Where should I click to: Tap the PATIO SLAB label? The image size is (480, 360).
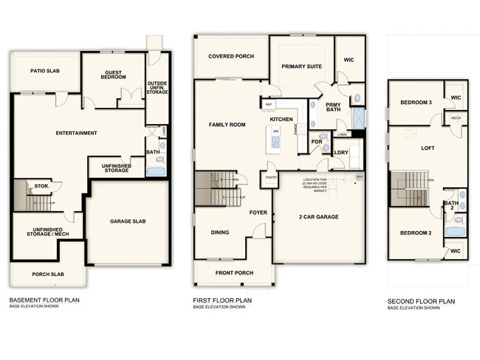pyautogui.click(x=45, y=71)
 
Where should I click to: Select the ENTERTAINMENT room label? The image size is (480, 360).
pyautogui.click(x=77, y=133)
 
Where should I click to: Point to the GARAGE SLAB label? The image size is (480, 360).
pyautogui.click(x=127, y=221)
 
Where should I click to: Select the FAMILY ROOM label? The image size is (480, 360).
pyautogui.click(x=227, y=125)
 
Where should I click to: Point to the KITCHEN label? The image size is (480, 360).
pyautogui.click(x=282, y=119)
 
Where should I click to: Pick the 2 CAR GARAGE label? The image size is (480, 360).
pyautogui.click(x=319, y=217)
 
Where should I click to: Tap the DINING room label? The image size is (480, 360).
pyautogui.click(x=220, y=232)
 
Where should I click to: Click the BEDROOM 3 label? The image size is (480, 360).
pyautogui.click(x=416, y=102)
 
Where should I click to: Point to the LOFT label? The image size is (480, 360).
pyautogui.click(x=428, y=148)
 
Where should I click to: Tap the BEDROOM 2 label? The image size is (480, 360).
pyautogui.click(x=415, y=233)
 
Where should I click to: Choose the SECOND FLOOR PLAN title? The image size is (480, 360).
pyautogui.click(x=421, y=301)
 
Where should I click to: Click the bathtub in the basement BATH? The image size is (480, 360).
pyautogui.click(x=157, y=171)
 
